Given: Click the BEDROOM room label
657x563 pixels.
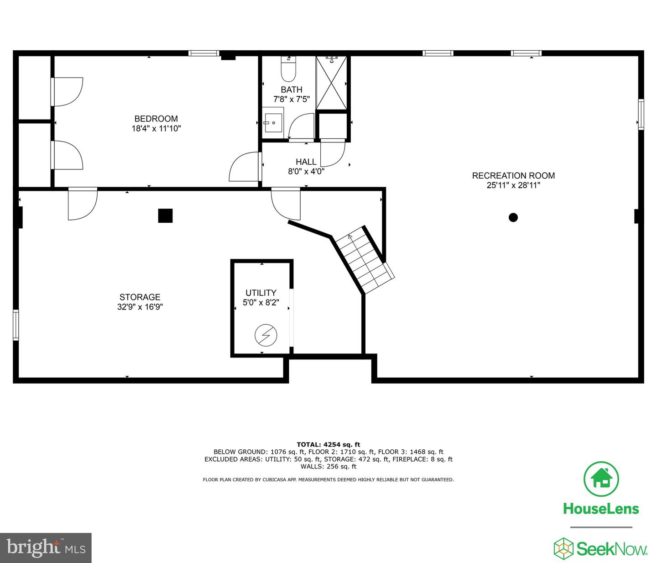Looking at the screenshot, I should [x=156, y=119].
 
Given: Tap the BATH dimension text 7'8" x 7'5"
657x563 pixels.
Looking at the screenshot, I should [x=292, y=99].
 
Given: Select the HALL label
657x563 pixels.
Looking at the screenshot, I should [x=306, y=162].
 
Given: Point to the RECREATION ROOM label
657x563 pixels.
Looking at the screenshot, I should [x=513, y=175].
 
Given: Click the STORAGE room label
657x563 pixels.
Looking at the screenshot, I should [x=140, y=297].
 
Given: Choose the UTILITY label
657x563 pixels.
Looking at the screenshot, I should [x=261, y=293].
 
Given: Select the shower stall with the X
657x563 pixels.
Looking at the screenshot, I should [x=332, y=83].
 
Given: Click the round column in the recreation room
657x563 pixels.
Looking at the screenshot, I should [x=513, y=217].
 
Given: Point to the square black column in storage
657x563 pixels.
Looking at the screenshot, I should [x=165, y=216].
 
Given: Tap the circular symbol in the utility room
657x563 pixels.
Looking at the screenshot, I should [x=266, y=336].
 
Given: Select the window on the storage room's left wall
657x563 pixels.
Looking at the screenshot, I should [x=16, y=325].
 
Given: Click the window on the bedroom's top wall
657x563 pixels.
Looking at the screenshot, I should [x=204, y=53].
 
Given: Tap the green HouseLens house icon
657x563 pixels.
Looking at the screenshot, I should [x=601, y=479].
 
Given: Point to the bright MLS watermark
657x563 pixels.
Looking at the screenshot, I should [x=46, y=547].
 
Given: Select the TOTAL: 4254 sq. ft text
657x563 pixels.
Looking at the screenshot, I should [x=328, y=444].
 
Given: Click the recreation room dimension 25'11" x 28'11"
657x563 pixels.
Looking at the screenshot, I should [x=513, y=185].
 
